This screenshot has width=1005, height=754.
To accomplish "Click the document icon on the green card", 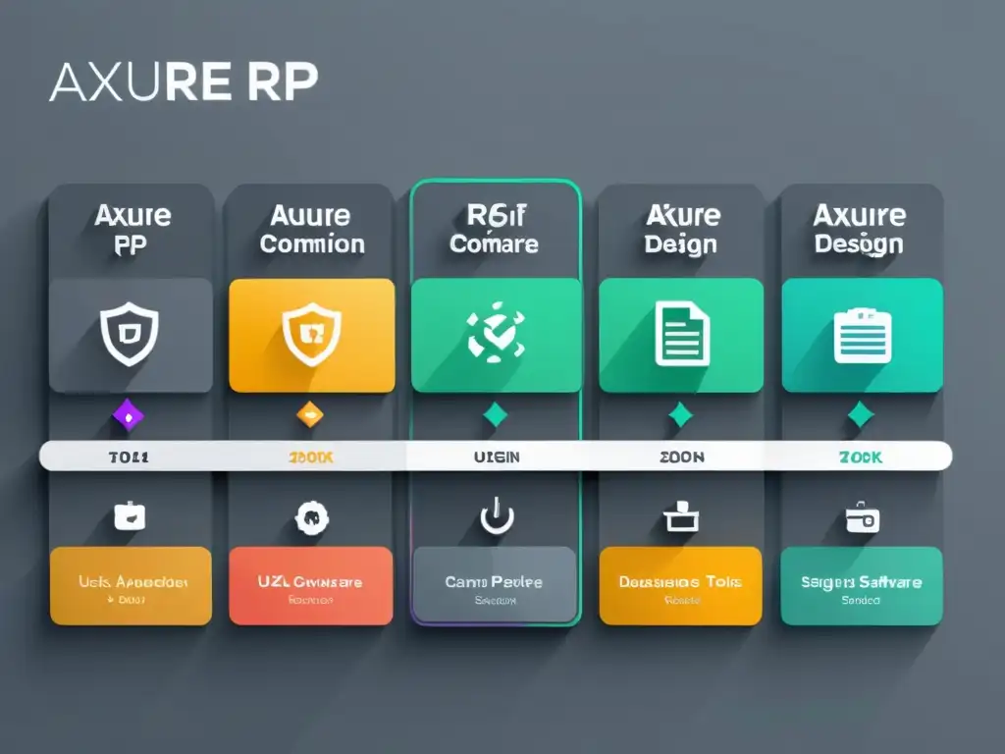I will [x=681, y=333].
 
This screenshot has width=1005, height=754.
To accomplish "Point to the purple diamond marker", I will [x=129, y=416].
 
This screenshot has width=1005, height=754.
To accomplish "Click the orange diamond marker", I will [x=309, y=415].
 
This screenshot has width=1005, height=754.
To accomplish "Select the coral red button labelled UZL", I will [x=310, y=586].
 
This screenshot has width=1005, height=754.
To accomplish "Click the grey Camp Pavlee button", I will [x=495, y=585].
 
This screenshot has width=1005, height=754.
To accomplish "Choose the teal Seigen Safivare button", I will [x=861, y=586].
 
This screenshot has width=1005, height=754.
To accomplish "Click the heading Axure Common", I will [x=311, y=229].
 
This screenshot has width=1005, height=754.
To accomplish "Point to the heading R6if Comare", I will [x=494, y=229].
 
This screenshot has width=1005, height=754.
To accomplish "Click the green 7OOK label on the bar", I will [x=860, y=457].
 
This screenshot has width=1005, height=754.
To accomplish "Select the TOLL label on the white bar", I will [x=129, y=457].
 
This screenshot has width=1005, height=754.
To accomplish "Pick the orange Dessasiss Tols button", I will [x=680, y=586].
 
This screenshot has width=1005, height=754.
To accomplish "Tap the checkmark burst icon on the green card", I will [x=494, y=333].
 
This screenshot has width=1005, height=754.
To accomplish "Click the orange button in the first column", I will [x=130, y=586].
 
